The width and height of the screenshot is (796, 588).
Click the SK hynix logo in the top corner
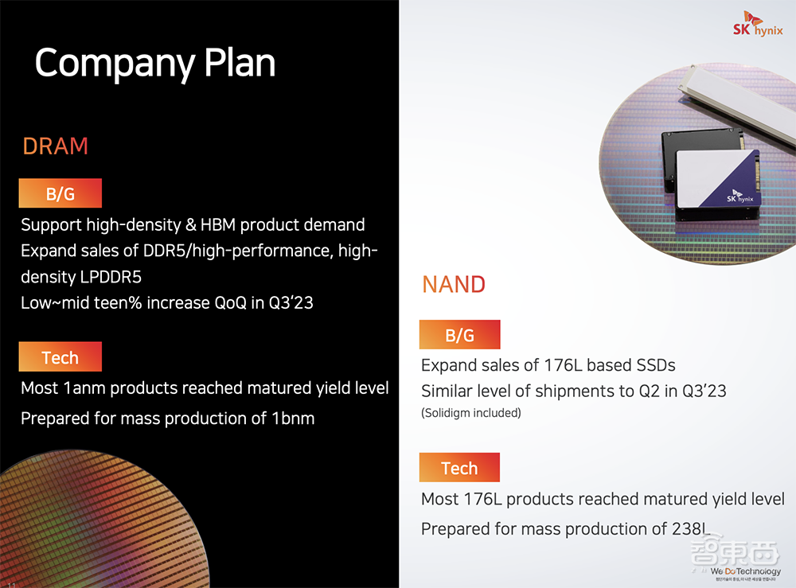(758, 25)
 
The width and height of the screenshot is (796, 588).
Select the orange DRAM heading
(56, 146)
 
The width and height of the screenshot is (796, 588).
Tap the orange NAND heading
(454, 285)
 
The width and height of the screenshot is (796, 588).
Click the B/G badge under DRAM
(60, 193)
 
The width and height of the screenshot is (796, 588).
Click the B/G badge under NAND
(459, 334)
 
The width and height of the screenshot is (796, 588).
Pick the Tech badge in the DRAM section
(60, 356)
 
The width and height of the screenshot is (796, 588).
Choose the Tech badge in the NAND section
(459, 467)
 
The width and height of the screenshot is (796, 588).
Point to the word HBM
(218, 224)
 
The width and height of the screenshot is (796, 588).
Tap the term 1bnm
(293, 419)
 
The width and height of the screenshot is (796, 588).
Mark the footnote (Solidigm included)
(471, 413)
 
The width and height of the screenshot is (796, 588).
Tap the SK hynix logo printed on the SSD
(739, 197)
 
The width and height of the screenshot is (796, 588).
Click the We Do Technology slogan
(745, 571)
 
